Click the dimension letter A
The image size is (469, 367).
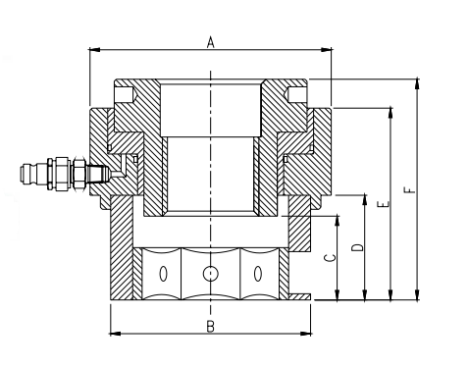tap(211, 42)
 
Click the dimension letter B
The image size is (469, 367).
tap(211, 326)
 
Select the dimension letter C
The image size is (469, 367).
tap(330, 258)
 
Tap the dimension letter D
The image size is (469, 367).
tap(358, 247)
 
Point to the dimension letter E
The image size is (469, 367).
tap(384, 204)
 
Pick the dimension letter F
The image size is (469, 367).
tap(410, 190)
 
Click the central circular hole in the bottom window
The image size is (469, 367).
tap(210, 274)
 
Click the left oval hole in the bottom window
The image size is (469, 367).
tap(163, 274)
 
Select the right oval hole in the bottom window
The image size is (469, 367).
tap(258, 274)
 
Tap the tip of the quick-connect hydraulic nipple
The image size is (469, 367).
tap(22, 173)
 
